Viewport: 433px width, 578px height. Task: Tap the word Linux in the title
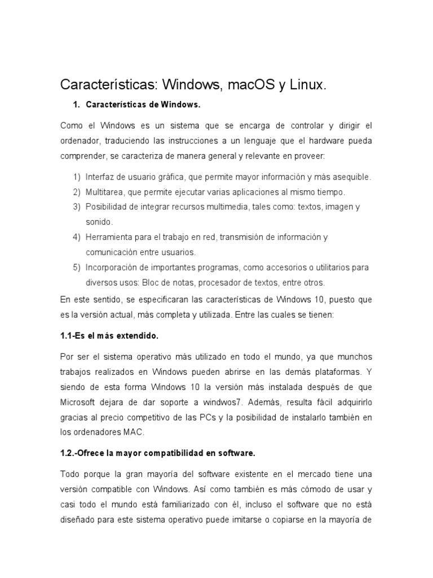coord(308,85)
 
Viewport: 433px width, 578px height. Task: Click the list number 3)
coord(77,207)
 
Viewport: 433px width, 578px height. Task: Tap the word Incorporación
coord(112,267)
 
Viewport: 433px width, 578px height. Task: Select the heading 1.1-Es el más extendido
coord(109,336)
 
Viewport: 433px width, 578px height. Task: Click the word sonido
coord(99,222)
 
